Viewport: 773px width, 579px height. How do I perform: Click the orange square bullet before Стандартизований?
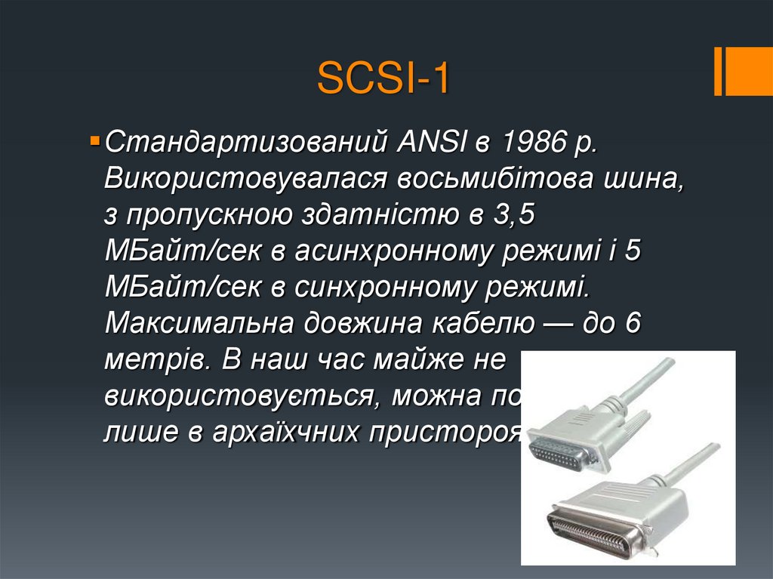coord(94,140)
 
